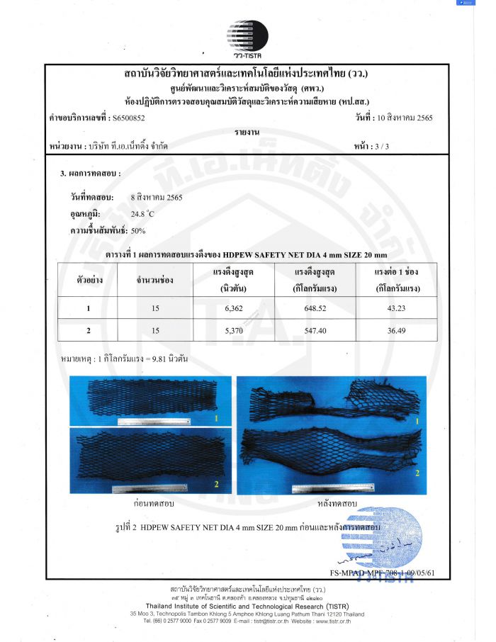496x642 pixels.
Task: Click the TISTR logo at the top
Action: [x=247, y=38]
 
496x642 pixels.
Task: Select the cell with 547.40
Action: [x=314, y=330]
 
